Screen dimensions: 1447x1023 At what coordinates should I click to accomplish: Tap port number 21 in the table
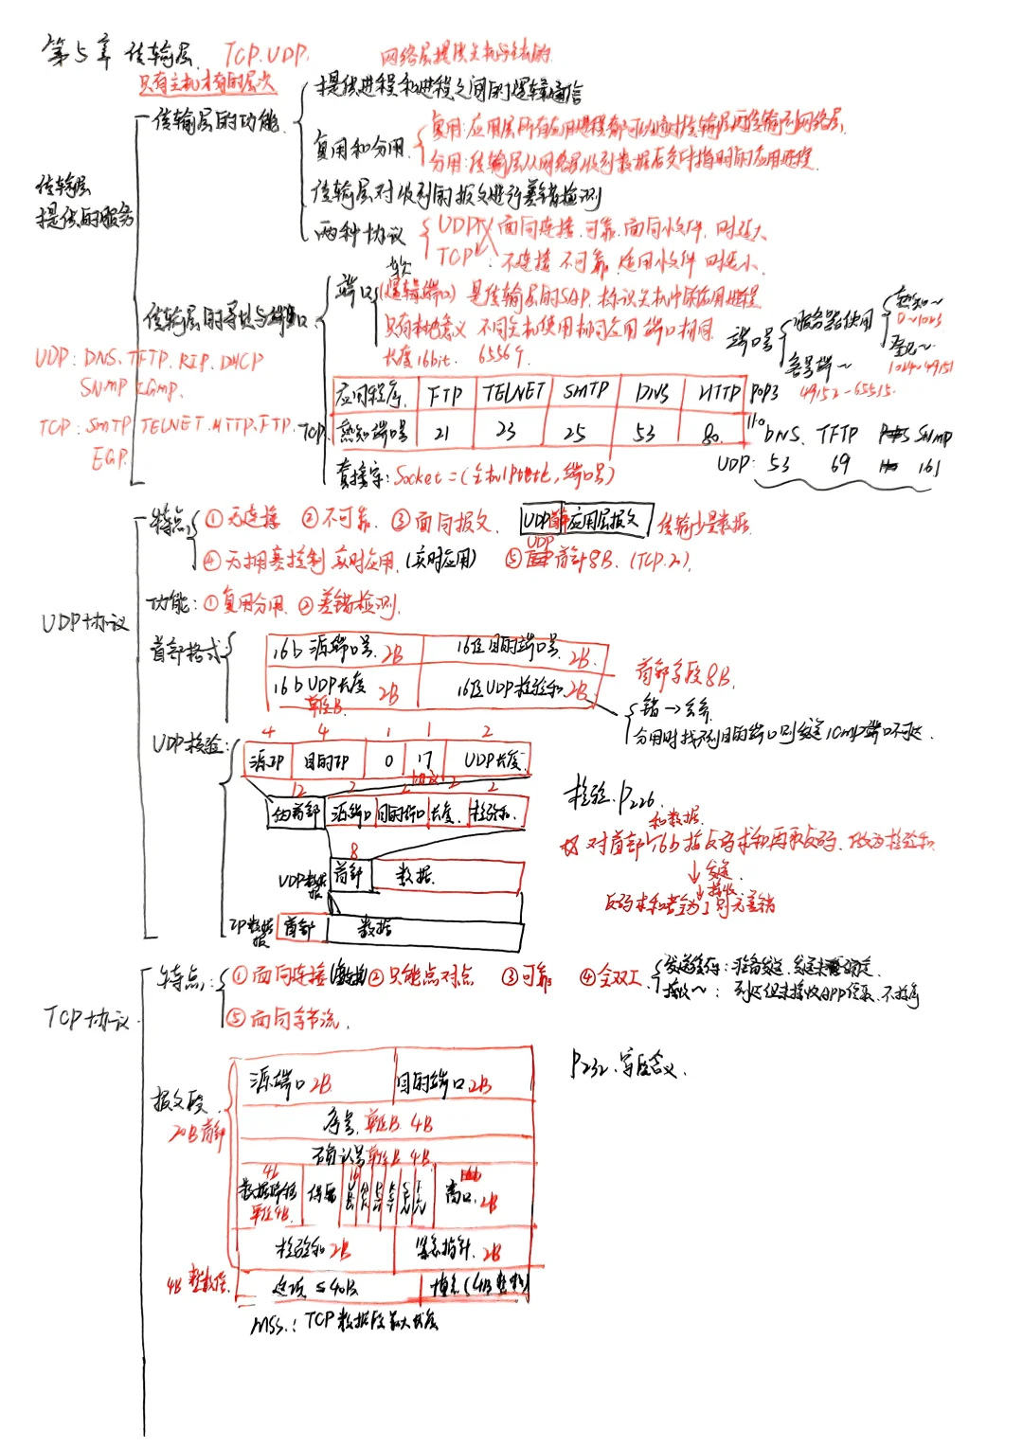click(x=441, y=433)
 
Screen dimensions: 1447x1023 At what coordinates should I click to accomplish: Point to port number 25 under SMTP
click(x=575, y=433)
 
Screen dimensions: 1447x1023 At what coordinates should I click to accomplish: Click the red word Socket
click(x=418, y=475)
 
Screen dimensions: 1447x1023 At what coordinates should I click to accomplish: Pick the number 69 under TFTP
click(x=839, y=464)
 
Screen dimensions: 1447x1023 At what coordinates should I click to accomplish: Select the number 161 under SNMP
click(x=928, y=466)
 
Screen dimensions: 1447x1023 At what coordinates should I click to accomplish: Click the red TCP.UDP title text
click(x=266, y=54)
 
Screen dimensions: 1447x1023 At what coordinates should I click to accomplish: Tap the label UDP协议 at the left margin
click(x=84, y=622)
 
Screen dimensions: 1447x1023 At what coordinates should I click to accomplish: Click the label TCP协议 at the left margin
click(x=86, y=1018)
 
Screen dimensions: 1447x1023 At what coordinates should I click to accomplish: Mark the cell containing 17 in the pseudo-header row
click(x=422, y=759)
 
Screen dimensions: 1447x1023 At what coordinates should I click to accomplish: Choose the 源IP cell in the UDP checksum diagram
click(x=266, y=760)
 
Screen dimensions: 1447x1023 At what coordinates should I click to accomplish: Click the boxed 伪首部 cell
click(x=295, y=813)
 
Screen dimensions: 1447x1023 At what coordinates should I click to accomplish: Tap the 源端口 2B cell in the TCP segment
click(x=291, y=1081)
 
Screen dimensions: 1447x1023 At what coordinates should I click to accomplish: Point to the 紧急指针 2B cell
click(x=461, y=1249)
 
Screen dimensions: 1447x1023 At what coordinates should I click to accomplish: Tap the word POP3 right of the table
click(x=764, y=392)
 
